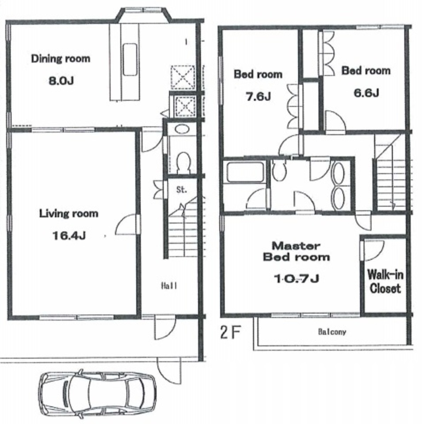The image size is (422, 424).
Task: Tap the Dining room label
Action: point(61,59)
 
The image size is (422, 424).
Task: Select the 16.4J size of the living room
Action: point(69,236)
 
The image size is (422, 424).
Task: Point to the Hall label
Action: point(169,285)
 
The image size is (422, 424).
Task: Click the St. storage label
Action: point(181,190)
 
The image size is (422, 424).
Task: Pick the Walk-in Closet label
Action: point(385,281)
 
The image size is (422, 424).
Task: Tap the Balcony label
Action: point(332,332)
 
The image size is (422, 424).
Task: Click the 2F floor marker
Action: point(230,332)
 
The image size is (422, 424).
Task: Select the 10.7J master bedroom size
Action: point(296,278)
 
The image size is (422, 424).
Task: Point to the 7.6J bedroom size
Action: point(258,96)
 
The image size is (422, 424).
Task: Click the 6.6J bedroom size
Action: point(366,93)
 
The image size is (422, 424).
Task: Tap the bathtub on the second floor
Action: point(245,172)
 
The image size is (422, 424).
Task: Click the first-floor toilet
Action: point(183,162)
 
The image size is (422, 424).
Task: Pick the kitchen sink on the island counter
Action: point(130,59)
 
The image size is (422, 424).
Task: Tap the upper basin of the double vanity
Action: point(338,173)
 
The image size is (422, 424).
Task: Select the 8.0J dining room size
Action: point(61,81)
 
